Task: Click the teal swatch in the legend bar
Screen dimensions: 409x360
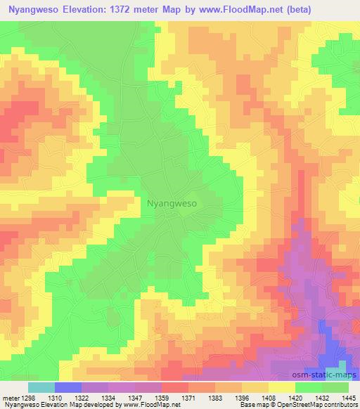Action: tap(41, 387)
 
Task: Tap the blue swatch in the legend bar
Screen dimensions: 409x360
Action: tap(68, 387)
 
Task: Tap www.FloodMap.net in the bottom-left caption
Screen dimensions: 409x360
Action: tap(147, 405)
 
